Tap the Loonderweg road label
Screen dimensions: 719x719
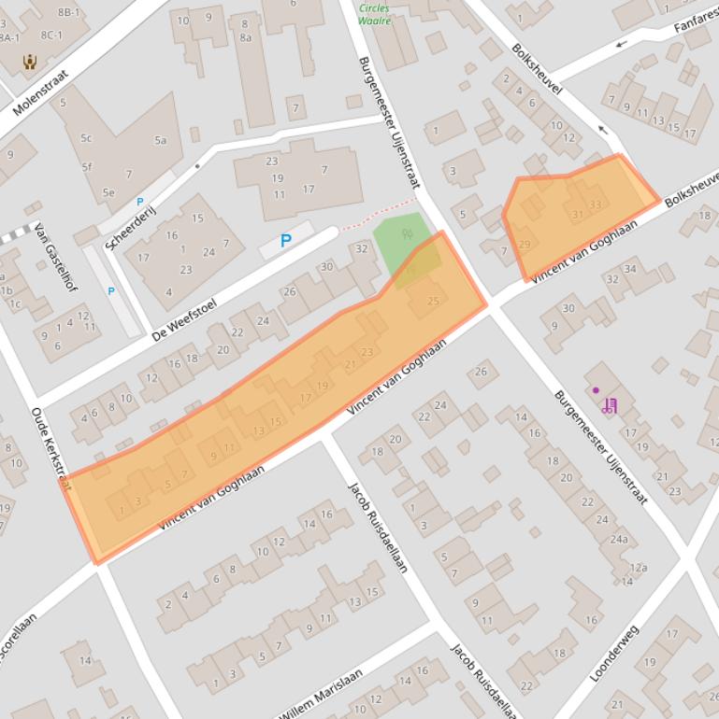(x=615, y=653)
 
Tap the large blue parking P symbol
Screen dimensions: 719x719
(x=286, y=241)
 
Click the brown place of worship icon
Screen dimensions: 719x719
(x=30, y=63)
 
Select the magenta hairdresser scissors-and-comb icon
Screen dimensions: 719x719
(x=610, y=405)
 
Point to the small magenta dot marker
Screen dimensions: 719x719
(x=596, y=390)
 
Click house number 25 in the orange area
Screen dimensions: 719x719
(x=433, y=301)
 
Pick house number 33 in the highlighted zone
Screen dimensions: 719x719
(x=596, y=204)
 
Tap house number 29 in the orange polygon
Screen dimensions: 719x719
(x=524, y=245)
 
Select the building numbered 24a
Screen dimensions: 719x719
(x=618, y=539)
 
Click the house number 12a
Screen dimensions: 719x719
(x=639, y=567)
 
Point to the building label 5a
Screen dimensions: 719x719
(x=161, y=141)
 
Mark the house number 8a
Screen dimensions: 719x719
(x=245, y=37)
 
